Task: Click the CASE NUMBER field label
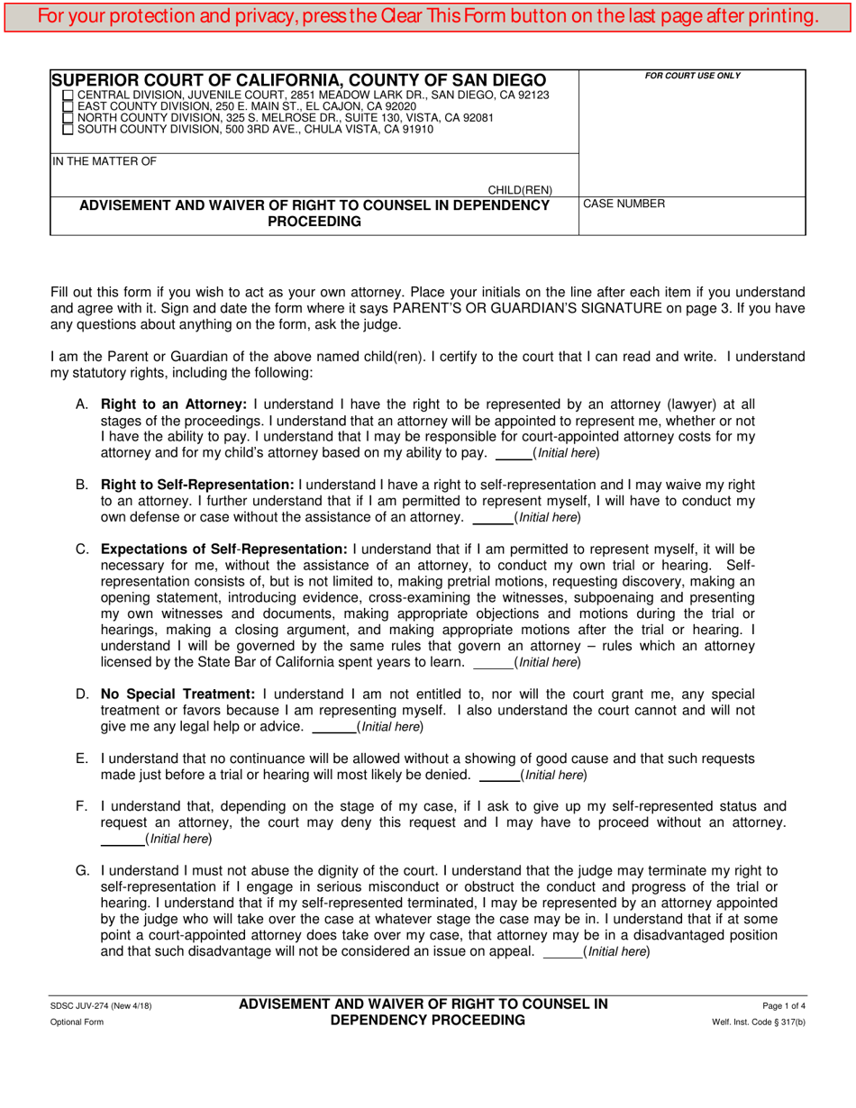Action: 624,204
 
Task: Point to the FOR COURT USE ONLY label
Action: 692,76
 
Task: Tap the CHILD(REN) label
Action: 520,190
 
